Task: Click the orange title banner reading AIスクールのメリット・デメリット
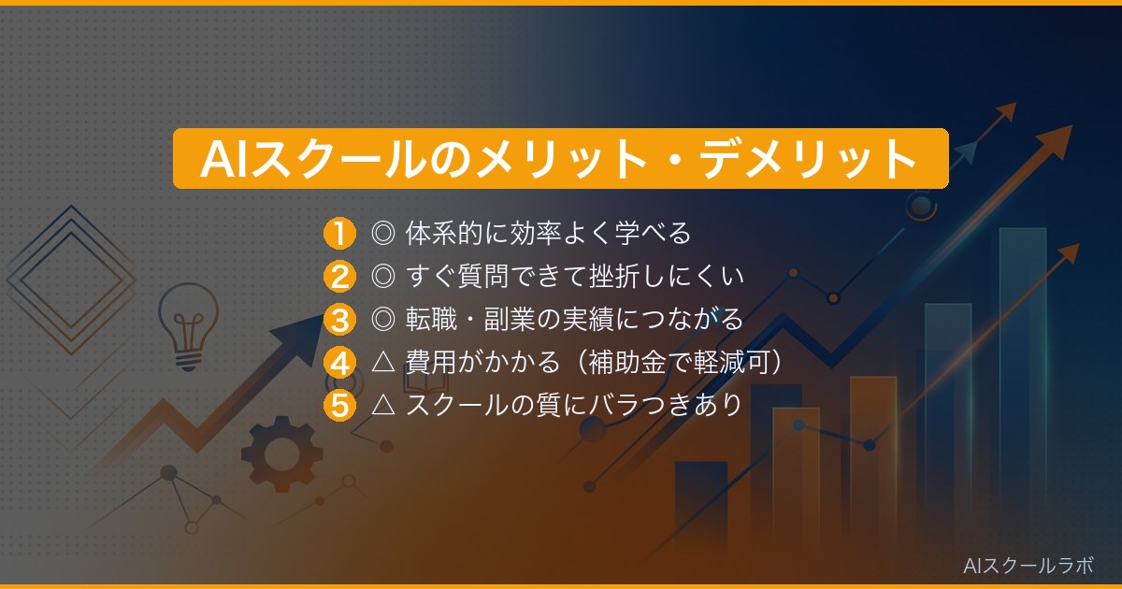(x=561, y=159)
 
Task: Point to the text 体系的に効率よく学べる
(x=548, y=232)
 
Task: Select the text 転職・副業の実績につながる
(x=574, y=319)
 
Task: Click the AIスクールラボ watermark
(x=1028, y=565)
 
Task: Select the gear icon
(x=281, y=453)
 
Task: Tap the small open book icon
(x=414, y=381)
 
